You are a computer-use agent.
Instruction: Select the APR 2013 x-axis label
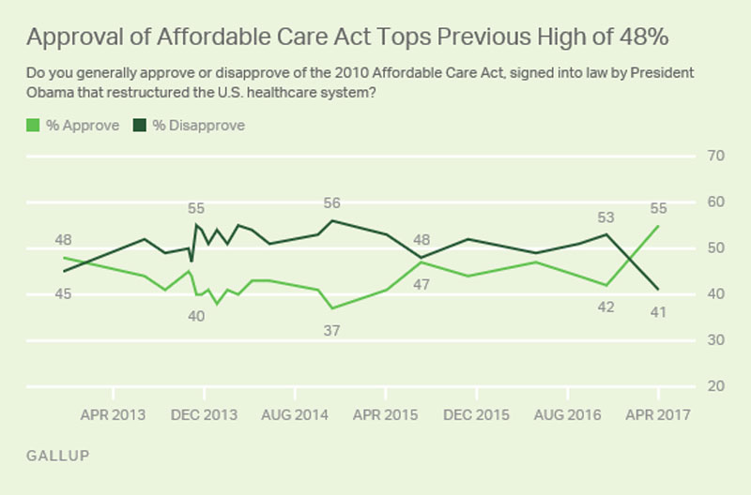[114, 414]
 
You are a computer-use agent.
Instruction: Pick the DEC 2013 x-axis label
[204, 414]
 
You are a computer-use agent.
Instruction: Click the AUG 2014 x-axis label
[295, 414]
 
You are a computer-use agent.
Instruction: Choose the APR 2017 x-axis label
[657, 414]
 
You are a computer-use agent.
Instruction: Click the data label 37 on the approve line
[331, 330]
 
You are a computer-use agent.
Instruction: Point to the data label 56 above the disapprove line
[331, 202]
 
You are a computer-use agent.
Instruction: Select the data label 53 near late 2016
[605, 217]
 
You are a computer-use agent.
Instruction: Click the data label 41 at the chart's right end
[657, 311]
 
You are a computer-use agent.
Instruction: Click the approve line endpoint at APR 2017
[657, 225]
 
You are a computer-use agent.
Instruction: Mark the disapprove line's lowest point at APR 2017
[657, 290]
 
